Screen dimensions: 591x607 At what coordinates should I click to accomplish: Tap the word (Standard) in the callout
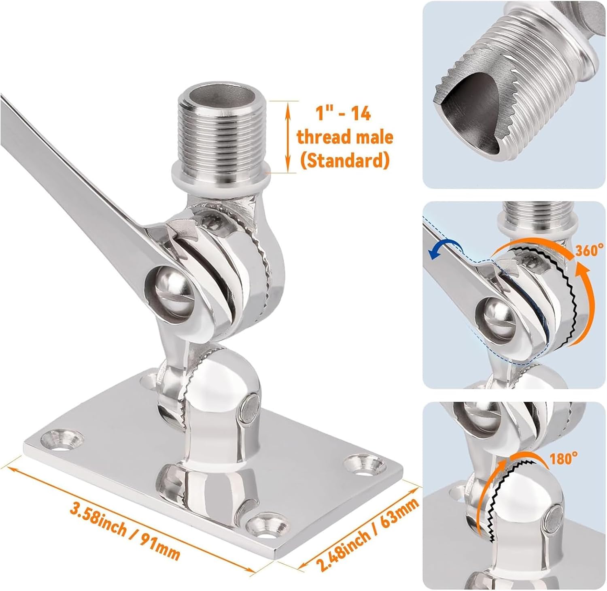[x=344, y=161]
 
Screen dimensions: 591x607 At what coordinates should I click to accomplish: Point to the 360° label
[x=591, y=250]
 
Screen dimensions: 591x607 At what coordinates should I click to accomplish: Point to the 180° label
[x=563, y=459]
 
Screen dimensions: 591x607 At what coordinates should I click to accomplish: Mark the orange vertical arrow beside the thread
[x=288, y=137]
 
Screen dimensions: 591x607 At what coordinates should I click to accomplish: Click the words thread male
[x=345, y=137]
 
